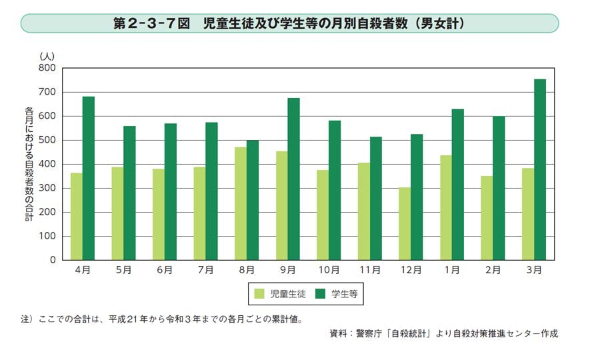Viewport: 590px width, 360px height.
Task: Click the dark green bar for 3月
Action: click(540, 170)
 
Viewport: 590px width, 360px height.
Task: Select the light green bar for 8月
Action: click(241, 204)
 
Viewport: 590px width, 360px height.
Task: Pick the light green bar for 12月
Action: click(405, 224)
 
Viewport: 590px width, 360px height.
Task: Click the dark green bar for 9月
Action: click(294, 179)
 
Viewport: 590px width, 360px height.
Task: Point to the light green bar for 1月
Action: click(446, 208)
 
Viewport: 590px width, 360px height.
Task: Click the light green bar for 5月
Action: click(117, 213)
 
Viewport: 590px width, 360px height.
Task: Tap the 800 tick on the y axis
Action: click(47, 68)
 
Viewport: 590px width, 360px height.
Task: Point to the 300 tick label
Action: click(47, 188)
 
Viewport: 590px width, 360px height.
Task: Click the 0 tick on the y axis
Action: click(52, 260)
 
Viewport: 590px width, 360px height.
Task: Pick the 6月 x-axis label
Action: click(165, 270)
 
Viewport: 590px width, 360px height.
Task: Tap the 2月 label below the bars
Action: click(493, 270)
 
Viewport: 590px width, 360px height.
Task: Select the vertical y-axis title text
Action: click(29, 163)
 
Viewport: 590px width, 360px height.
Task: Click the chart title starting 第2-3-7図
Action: click(289, 23)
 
